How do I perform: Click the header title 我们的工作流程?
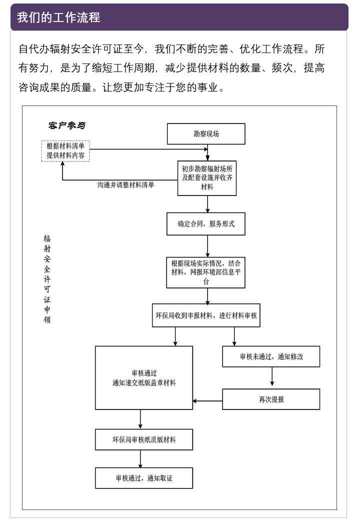point(58,17)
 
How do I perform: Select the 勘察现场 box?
point(206,134)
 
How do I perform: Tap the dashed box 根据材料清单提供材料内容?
point(65,151)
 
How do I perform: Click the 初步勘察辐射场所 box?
point(207,178)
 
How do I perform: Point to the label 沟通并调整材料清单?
point(125,184)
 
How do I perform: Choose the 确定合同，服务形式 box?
point(206,224)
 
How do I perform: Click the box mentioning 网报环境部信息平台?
point(206,272)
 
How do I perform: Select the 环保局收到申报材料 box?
point(206,316)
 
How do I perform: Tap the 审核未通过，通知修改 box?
point(271,357)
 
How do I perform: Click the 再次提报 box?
point(271,399)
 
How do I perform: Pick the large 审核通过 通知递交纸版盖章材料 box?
point(144,378)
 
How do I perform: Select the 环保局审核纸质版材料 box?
point(144,440)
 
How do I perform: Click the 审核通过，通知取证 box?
point(144,478)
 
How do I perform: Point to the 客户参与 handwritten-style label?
point(66,125)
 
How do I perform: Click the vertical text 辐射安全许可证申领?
point(47,279)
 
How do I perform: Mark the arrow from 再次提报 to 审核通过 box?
point(207,400)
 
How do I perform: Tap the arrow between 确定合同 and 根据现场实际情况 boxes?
point(207,246)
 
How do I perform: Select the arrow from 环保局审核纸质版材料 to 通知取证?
point(140,458)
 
